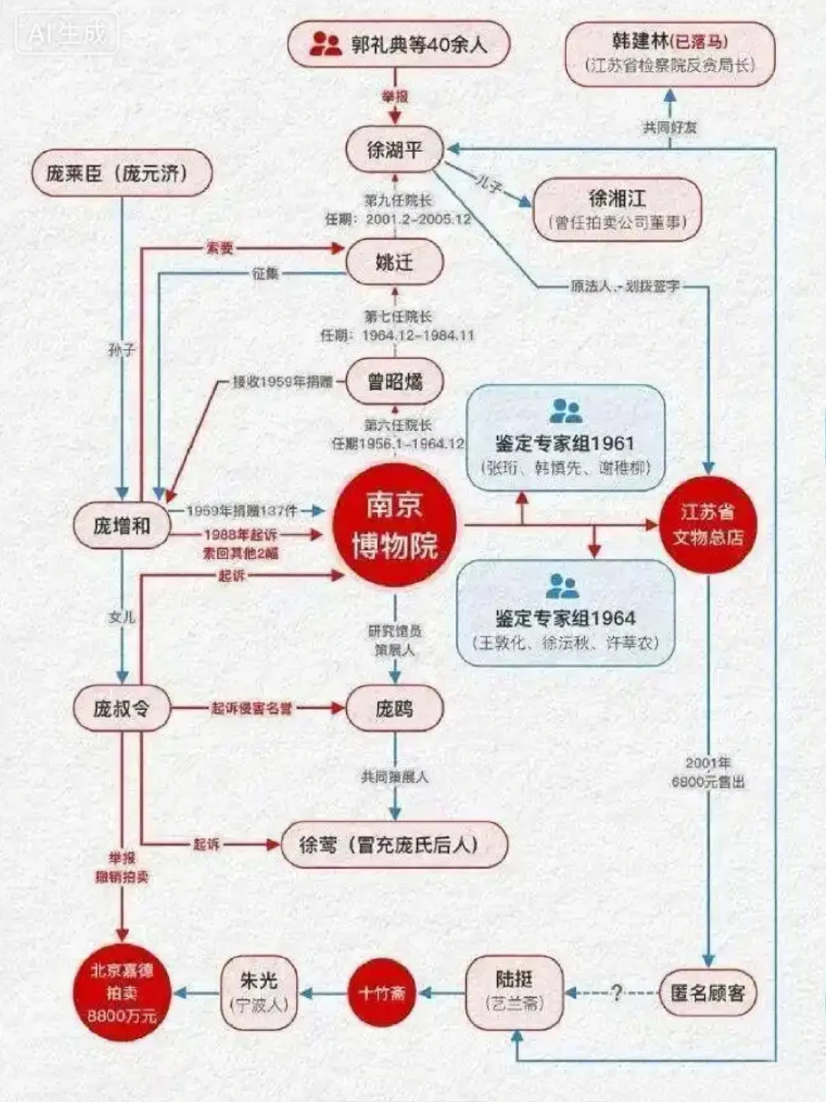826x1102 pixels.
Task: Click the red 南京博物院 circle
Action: pyautogui.click(x=395, y=525)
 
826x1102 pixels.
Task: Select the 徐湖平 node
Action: pyautogui.click(x=395, y=150)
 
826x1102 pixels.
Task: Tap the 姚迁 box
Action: pyautogui.click(x=395, y=262)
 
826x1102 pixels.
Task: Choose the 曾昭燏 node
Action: pyautogui.click(x=395, y=381)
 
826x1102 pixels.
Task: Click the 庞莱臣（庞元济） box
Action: pyautogui.click(x=121, y=174)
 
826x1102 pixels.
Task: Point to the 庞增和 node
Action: pyautogui.click(x=122, y=526)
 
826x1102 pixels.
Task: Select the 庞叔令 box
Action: pyautogui.click(x=122, y=709)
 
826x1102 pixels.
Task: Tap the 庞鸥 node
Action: pyautogui.click(x=395, y=709)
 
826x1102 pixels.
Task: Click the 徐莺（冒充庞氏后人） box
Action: pyautogui.click(x=395, y=844)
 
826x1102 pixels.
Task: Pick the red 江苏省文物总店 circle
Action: pyautogui.click(x=707, y=525)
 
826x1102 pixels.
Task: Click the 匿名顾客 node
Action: pyautogui.click(x=707, y=993)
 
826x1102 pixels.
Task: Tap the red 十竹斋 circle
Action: pyautogui.click(x=382, y=993)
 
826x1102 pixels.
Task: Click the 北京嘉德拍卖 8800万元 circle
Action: pyautogui.click(x=122, y=993)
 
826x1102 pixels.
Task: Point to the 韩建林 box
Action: pyautogui.click(x=670, y=52)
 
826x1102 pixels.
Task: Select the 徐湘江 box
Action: pyautogui.click(x=617, y=209)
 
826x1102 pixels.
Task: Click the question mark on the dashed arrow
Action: pyautogui.click(x=616, y=993)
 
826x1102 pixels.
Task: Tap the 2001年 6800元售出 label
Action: pyautogui.click(x=708, y=772)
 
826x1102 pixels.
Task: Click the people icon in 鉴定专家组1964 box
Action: pyautogui.click(x=563, y=587)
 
